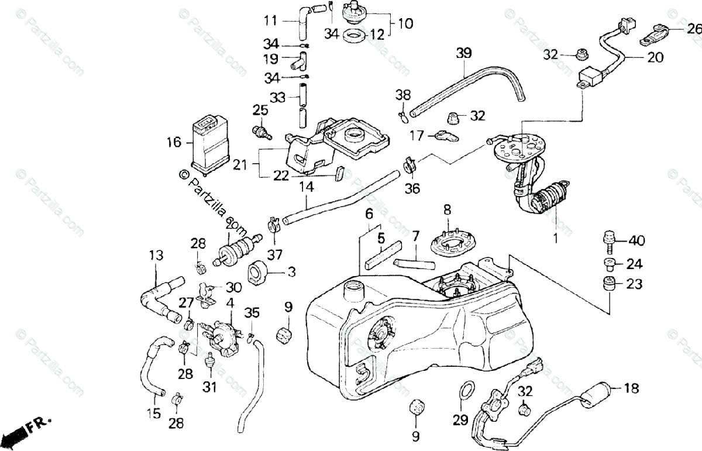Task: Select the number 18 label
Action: [x=631, y=388]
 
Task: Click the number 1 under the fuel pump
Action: [x=555, y=239]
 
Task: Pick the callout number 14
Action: [x=307, y=188]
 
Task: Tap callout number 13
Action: [x=155, y=256]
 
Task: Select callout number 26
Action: [x=693, y=28]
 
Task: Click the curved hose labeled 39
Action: [x=468, y=82]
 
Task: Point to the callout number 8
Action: [x=447, y=209]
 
